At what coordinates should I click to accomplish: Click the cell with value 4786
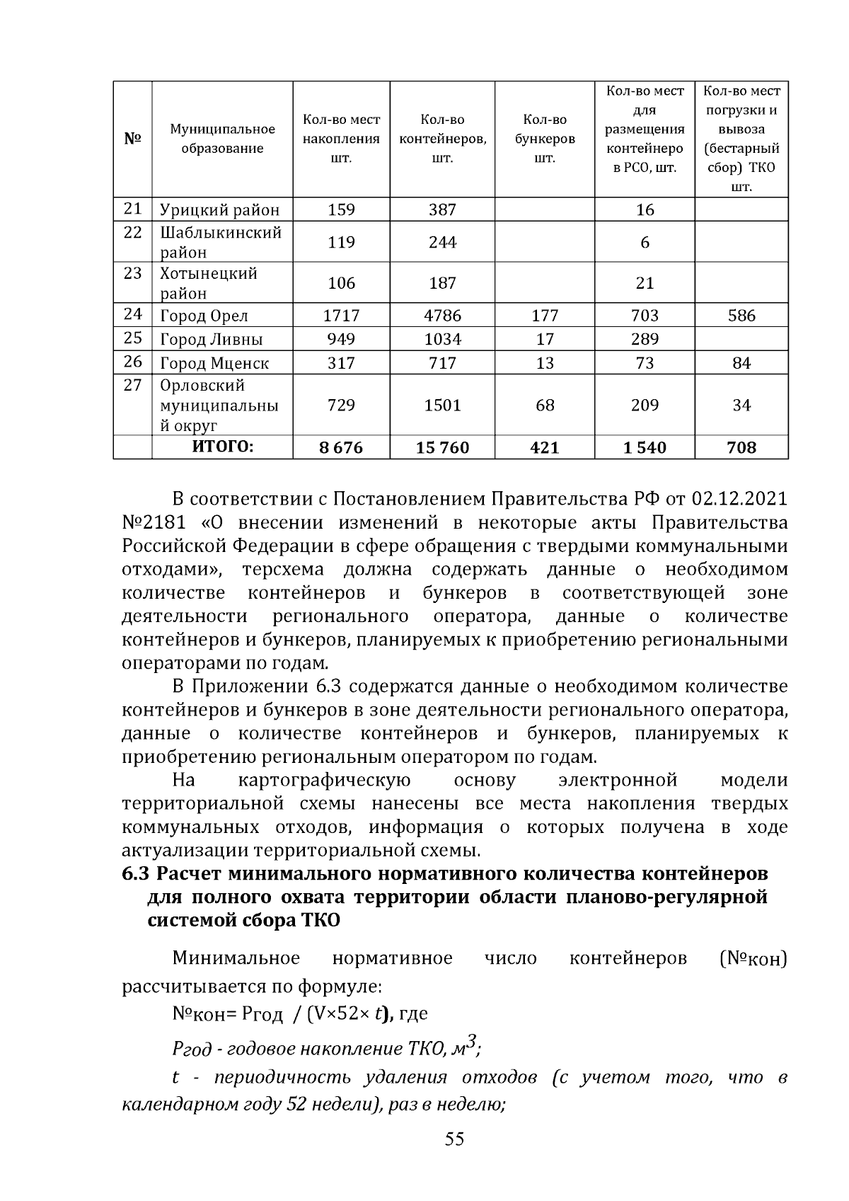click(442, 316)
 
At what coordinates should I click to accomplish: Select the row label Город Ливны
click(211, 340)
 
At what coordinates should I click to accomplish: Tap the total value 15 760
click(442, 448)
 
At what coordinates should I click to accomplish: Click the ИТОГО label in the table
click(222, 447)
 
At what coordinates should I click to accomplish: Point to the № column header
click(132, 139)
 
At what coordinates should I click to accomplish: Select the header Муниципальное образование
click(222, 139)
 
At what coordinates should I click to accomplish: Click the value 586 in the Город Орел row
click(741, 316)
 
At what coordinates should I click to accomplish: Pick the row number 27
click(132, 386)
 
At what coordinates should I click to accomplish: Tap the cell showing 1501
click(442, 406)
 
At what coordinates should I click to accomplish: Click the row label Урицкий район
click(219, 210)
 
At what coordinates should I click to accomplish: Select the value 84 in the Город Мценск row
click(741, 364)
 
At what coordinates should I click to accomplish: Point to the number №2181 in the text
click(154, 523)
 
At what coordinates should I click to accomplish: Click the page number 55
click(454, 1140)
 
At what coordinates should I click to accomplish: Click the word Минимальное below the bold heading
click(236, 959)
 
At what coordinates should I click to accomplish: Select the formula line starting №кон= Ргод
click(299, 1014)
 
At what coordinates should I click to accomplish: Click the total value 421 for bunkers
click(544, 448)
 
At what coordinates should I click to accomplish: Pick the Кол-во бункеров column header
click(544, 139)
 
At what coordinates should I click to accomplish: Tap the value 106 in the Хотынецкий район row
click(341, 284)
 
